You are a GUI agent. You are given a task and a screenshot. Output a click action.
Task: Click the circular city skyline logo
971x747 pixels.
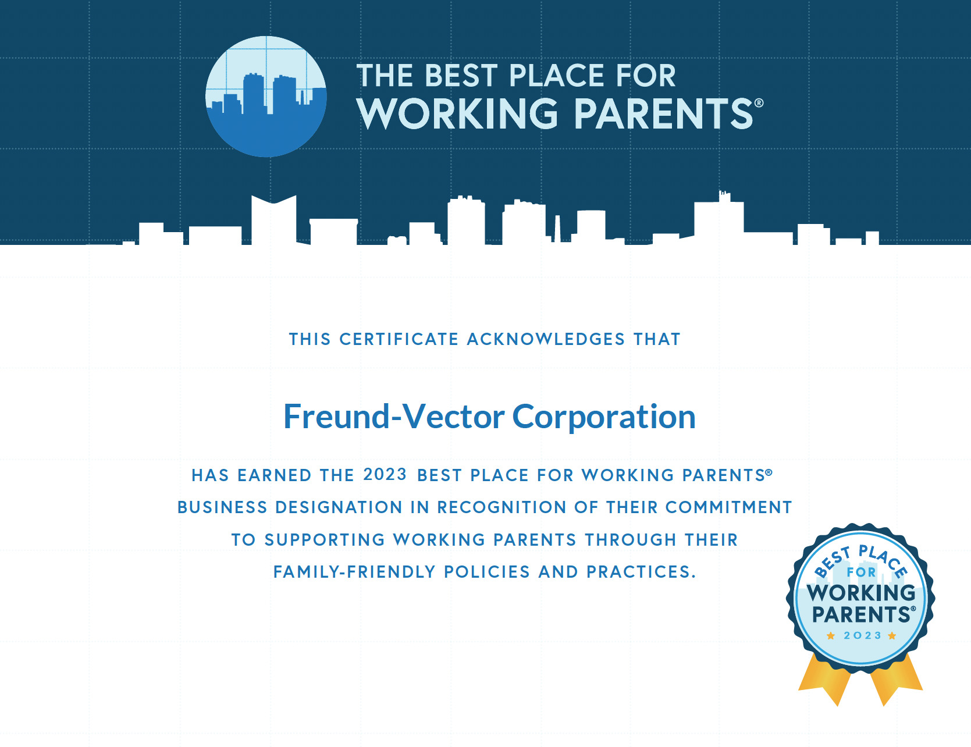click(x=266, y=97)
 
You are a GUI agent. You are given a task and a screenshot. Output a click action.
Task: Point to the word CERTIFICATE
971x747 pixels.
click(x=399, y=339)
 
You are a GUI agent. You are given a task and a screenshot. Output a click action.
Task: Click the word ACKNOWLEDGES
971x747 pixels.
click(x=546, y=339)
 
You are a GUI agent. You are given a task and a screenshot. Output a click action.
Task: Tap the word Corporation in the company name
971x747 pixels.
click(x=604, y=418)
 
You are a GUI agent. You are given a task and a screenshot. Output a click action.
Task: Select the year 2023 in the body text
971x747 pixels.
click(x=385, y=474)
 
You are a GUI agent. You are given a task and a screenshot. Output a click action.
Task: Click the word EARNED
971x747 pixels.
click(x=275, y=475)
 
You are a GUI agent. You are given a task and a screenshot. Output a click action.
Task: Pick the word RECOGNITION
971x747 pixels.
click(x=501, y=507)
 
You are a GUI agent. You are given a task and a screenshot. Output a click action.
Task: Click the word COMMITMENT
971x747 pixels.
click(x=728, y=507)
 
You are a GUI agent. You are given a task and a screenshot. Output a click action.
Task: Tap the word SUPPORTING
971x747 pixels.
click(x=325, y=540)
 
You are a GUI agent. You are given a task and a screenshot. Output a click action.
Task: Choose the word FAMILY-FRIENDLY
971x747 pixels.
click(x=354, y=572)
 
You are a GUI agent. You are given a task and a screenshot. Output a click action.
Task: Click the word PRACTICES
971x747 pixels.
click(x=641, y=572)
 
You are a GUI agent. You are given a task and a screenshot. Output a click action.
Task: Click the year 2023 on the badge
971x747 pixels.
click(x=863, y=635)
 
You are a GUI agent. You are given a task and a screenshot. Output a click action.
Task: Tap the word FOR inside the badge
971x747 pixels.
click(x=861, y=572)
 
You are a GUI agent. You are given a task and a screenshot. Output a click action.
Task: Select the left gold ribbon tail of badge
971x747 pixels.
click(x=825, y=678)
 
